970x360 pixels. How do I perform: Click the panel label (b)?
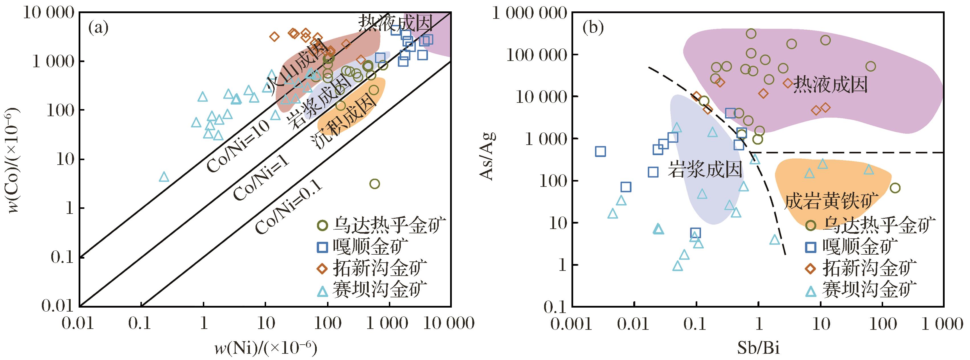pyautogui.click(x=593, y=28)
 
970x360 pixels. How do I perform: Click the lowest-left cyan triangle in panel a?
pyautogui.click(x=164, y=177)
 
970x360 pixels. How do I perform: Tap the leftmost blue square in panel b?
pyautogui.click(x=600, y=152)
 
